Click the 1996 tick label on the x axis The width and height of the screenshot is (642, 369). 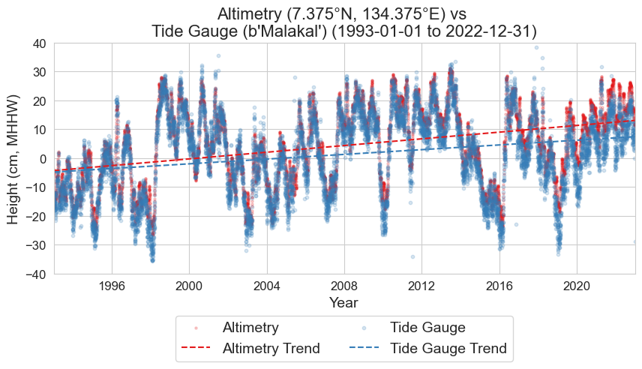coord(112,286)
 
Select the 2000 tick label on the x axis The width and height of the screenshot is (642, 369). coord(189,286)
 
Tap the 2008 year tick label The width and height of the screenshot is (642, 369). coord(344,286)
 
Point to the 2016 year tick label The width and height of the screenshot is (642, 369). coord(499,286)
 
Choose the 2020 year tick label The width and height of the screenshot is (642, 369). coord(576,286)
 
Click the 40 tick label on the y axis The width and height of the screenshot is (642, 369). coord(40,43)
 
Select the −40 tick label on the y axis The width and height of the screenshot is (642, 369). coord(37,274)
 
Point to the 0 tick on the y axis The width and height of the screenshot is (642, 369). coord(43,159)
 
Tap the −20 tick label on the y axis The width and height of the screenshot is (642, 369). coord(37,217)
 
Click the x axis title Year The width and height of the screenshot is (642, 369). coord(344,303)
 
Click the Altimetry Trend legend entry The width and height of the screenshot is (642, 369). coord(271,349)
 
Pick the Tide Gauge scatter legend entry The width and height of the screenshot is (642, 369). coord(428,328)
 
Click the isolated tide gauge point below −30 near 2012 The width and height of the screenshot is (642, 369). coord(412,256)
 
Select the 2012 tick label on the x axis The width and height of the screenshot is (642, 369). coord(421,286)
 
